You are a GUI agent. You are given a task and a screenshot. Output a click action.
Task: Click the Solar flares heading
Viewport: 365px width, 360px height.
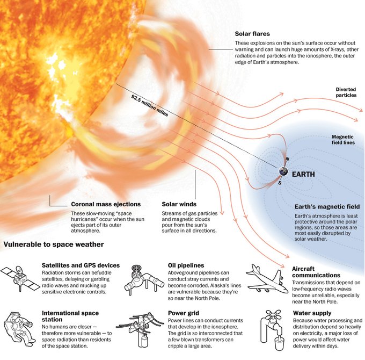[x=252, y=34]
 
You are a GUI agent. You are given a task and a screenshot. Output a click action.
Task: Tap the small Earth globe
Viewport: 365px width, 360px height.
[x=283, y=171]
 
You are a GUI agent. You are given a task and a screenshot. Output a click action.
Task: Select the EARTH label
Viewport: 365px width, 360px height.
[x=303, y=174]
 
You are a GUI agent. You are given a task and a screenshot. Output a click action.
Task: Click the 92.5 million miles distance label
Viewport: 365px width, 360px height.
[x=150, y=105]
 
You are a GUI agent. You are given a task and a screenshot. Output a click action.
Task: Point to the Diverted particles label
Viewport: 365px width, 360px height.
[x=346, y=92]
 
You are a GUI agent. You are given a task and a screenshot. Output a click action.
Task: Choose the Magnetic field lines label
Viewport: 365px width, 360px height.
[x=343, y=140]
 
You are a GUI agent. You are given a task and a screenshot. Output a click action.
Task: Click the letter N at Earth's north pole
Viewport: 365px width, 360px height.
[x=287, y=159]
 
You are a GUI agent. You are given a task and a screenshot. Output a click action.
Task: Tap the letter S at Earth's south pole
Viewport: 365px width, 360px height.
[x=280, y=183]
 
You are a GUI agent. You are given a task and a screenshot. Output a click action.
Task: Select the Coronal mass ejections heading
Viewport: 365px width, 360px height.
[x=106, y=204]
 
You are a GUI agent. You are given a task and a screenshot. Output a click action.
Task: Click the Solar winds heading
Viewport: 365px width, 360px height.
[x=179, y=204]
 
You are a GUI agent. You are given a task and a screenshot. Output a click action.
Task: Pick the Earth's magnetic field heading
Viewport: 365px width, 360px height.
[x=327, y=207]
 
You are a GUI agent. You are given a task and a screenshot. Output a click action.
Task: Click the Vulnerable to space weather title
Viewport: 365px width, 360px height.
[x=54, y=244]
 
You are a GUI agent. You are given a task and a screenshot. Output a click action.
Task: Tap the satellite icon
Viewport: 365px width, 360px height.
[x=20, y=278]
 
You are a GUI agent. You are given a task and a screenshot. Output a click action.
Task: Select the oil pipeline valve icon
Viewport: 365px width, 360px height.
[x=144, y=280]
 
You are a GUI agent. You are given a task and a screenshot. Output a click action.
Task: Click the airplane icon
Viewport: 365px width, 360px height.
[x=267, y=279]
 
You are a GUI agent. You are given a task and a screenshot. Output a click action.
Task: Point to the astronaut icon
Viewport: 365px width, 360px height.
[x=19, y=329]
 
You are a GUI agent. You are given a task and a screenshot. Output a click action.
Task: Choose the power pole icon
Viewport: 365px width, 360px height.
[x=140, y=330]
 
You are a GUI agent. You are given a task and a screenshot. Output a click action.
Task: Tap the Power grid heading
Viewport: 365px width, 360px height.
[x=184, y=313]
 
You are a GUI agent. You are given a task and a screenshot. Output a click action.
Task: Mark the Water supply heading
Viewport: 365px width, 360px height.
[x=312, y=313]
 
